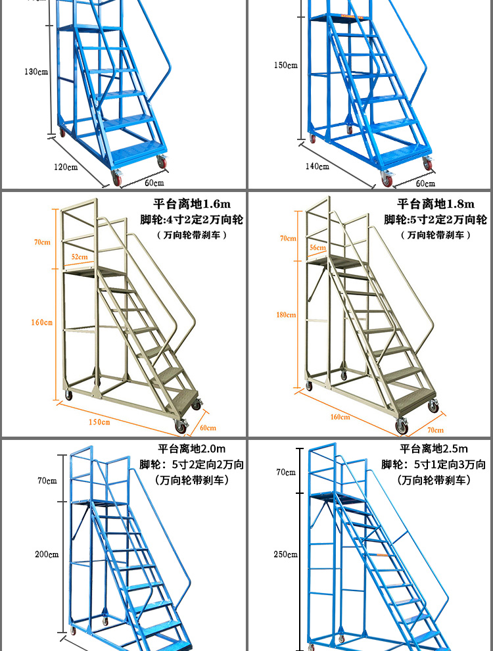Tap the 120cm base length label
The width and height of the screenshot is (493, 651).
(66, 166)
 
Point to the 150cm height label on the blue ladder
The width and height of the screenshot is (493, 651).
(286, 65)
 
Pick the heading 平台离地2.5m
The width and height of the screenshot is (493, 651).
(434, 448)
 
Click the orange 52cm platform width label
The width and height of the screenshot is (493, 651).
(80, 256)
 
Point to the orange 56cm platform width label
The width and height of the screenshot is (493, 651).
(317, 247)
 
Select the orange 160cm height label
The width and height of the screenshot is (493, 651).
(41, 322)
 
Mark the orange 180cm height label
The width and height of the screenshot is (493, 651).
(286, 315)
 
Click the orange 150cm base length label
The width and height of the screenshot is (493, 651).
(100, 422)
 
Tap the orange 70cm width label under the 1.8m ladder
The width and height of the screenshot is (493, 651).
(435, 430)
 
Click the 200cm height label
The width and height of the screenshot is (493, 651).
(47, 554)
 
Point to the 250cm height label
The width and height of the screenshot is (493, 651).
(286, 554)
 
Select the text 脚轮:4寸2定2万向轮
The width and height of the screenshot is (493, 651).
(191, 220)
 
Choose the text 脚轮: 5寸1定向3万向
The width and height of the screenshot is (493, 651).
(434, 464)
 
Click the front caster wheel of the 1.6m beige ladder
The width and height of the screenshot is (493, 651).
(181, 428)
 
